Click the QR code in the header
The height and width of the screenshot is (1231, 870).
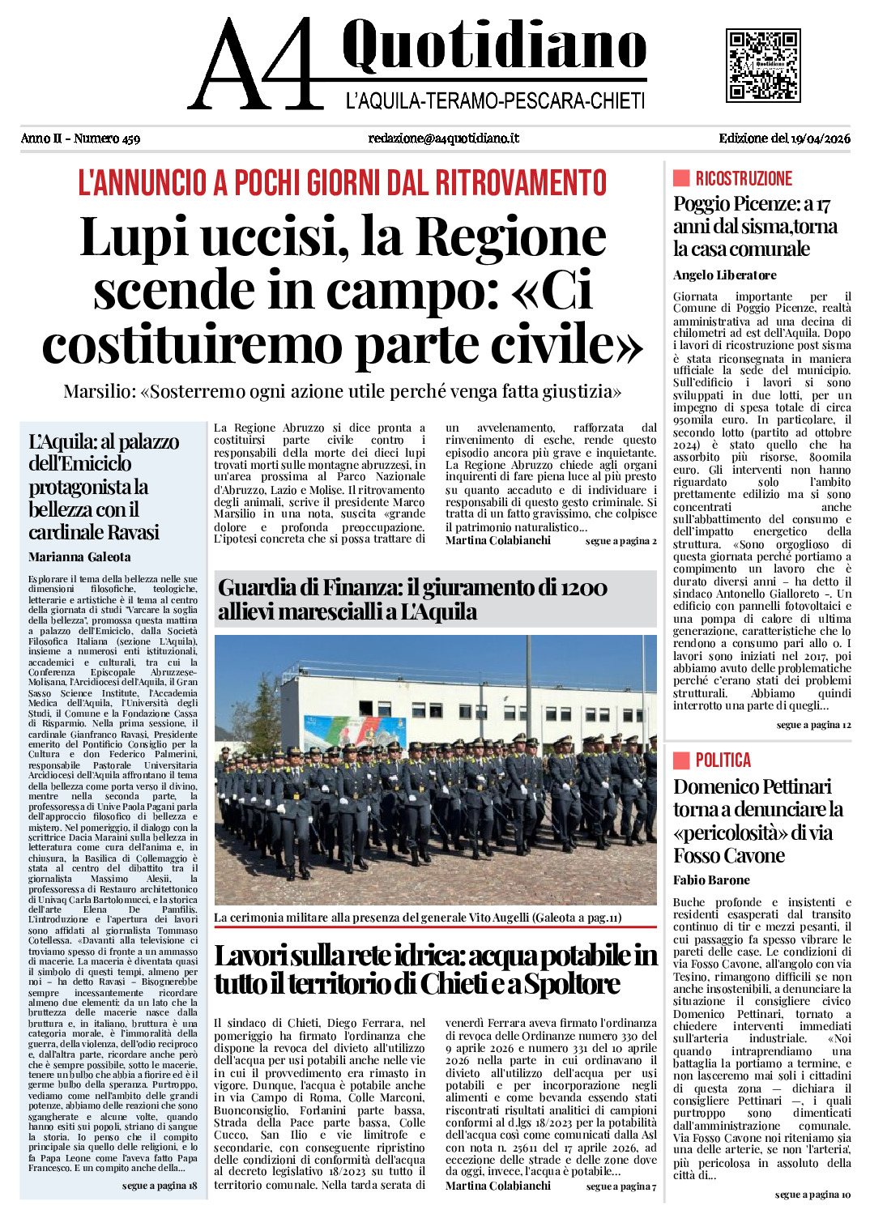click(x=763, y=65)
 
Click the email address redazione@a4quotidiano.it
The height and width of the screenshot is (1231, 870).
click(x=443, y=138)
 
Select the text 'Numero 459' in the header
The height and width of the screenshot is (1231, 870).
click(x=107, y=138)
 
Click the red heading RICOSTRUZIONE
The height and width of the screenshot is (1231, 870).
click(x=744, y=179)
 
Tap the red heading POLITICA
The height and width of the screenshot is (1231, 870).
click(x=723, y=760)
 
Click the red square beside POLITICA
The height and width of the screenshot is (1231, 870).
click(x=681, y=760)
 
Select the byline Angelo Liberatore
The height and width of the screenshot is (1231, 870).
click(x=724, y=275)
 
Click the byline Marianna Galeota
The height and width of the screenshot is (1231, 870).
click(x=79, y=557)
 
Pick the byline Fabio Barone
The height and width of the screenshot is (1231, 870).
click(x=711, y=880)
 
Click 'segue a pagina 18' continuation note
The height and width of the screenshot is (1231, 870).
click(x=160, y=1186)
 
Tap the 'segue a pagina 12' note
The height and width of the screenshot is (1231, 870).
click(x=813, y=725)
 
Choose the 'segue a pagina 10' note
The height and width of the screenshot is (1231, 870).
click(x=812, y=1195)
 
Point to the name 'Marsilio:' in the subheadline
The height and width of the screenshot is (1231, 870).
click(x=100, y=392)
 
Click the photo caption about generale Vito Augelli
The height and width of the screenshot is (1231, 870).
click(x=417, y=918)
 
